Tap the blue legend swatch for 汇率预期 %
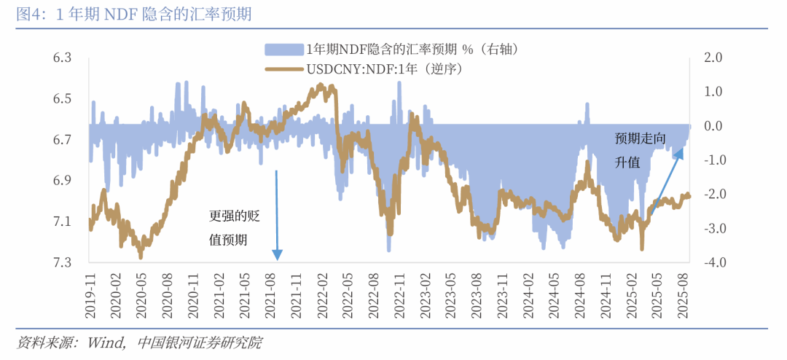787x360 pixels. point(283,49)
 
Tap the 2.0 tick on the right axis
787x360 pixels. point(712,58)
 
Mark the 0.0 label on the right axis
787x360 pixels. point(712,126)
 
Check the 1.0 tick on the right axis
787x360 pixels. point(712,92)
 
